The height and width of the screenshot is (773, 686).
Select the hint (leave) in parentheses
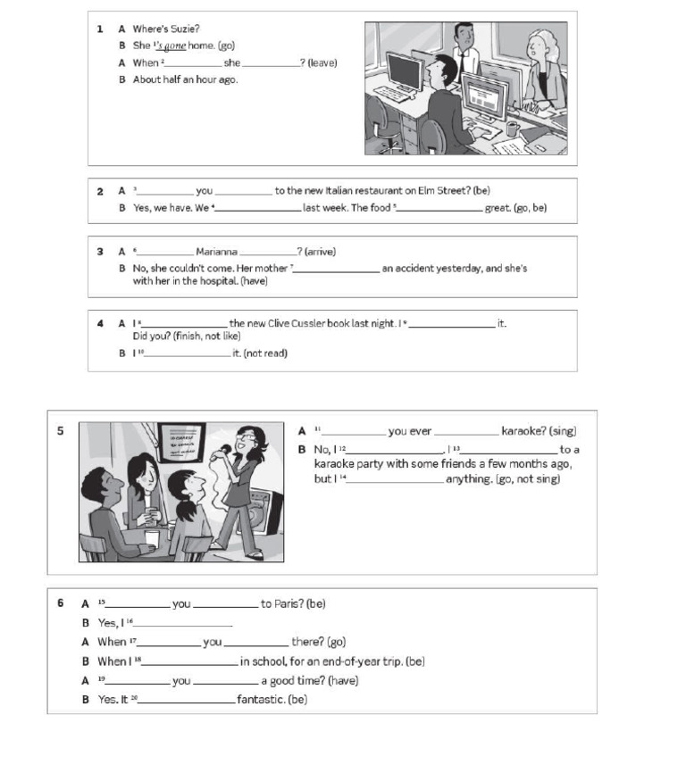click(x=322, y=62)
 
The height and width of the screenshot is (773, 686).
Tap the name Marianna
click(x=216, y=252)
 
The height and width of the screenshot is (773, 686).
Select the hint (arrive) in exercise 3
click(x=320, y=252)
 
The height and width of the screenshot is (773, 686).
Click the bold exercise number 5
click(x=61, y=431)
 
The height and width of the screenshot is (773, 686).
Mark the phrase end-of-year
click(x=344, y=661)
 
